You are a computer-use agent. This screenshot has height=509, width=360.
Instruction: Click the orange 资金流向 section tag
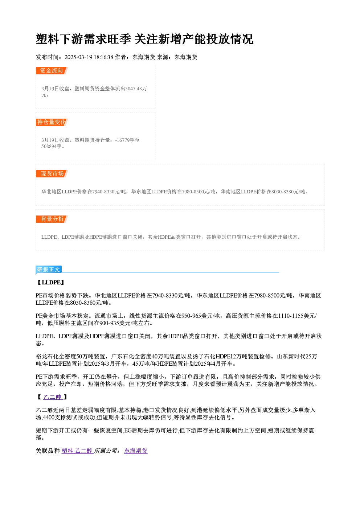pos(52,71)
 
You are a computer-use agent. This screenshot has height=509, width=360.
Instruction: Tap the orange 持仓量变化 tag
pos(52,122)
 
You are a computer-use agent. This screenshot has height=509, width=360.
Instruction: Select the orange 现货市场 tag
pos(52,174)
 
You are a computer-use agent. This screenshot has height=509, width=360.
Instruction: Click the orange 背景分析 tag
pos(52,219)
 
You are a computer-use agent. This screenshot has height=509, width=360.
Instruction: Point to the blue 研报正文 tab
pos(49,269)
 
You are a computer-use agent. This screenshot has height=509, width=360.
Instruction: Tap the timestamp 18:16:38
pos(103,57)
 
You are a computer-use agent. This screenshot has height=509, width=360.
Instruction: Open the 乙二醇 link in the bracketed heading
pos(52,397)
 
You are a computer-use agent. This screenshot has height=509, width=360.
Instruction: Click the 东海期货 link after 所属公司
pos(136,451)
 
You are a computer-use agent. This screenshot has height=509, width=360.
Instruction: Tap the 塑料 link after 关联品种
pos(67,451)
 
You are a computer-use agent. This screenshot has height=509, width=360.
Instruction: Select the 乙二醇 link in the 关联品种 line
pos(83,451)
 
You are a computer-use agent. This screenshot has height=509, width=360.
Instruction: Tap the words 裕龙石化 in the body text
pos(47,356)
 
